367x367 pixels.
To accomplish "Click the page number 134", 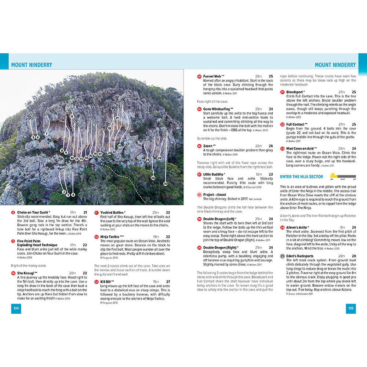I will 16,308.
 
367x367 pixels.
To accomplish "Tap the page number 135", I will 350,308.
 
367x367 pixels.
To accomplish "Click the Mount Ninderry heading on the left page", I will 32,65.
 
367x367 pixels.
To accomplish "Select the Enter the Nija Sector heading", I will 301,177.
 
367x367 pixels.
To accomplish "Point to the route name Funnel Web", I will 212,76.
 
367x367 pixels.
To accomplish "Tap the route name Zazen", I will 209,146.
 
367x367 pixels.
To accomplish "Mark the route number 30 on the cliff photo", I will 165,183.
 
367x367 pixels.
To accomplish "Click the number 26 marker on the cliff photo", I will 153,178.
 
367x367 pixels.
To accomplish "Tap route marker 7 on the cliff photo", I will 47,134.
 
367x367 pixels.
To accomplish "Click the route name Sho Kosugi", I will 25,273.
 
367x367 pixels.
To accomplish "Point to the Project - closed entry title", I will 215,195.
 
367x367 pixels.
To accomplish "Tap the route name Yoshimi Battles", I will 112,212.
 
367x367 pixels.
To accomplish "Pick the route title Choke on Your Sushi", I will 33,212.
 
